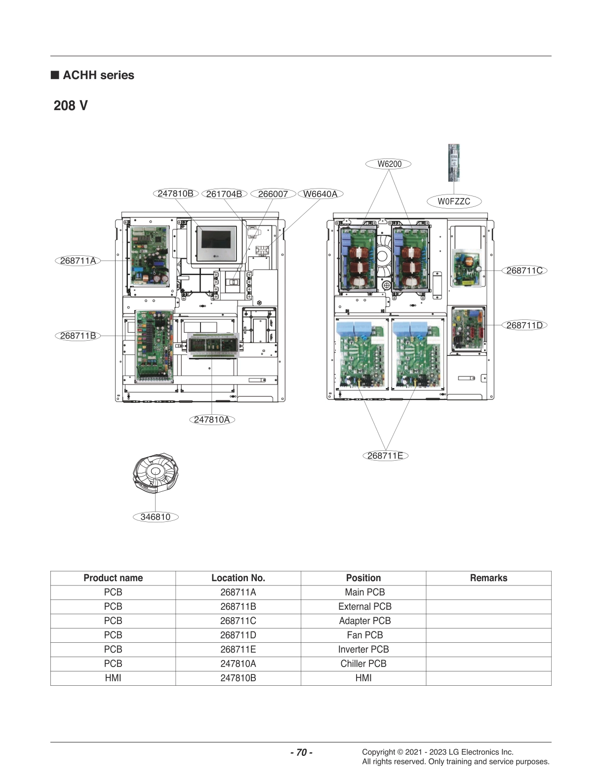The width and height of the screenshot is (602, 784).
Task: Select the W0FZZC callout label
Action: tap(453, 201)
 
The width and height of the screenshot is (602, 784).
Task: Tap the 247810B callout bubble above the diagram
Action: tap(175, 194)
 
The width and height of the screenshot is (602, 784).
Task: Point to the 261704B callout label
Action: tap(224, 194)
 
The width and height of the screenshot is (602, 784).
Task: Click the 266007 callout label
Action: tap(273, 194)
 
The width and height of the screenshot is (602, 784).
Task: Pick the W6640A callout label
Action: tap(321, 194)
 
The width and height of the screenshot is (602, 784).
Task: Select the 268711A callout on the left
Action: tap(78, 261)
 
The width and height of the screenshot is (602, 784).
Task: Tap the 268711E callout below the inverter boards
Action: tap(385, 456)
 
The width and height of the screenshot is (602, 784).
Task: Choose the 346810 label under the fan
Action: tap(156, 517)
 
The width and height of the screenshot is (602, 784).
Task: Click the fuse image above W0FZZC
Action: tap(453, 162)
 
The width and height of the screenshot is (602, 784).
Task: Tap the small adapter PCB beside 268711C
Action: tap(466, 268)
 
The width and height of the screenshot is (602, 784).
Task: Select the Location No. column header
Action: tap(238, 578)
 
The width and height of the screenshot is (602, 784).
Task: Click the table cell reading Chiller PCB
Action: tap(363, 664)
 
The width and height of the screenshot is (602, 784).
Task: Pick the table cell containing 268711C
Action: tap(238, 621)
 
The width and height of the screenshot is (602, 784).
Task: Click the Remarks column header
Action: tap(488, 578)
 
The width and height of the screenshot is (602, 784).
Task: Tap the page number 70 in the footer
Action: tap(301, 752)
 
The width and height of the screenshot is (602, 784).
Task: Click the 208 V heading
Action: tap(71, 106)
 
